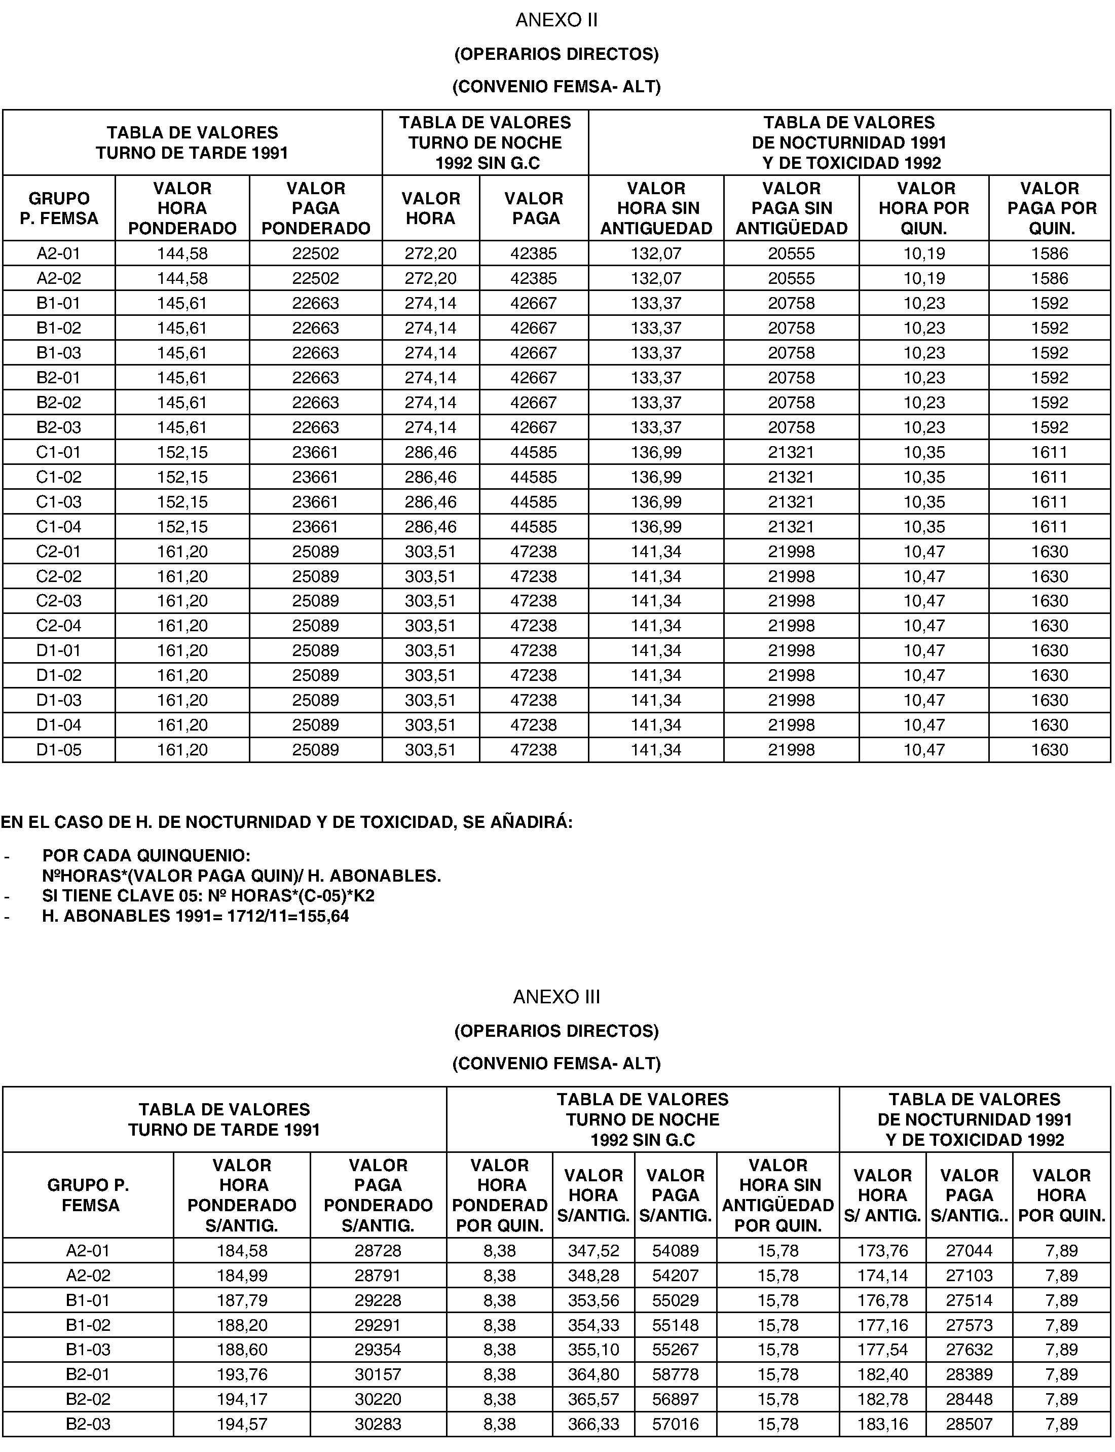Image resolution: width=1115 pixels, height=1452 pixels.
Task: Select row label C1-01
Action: coord(58,452)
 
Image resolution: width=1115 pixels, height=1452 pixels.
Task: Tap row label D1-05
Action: coord(58,749)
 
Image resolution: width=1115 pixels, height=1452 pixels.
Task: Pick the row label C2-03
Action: coord(58,601)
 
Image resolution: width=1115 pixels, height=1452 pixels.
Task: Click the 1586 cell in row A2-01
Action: coord(1049,253)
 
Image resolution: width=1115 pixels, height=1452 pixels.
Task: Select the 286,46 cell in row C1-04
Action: coord(430,526)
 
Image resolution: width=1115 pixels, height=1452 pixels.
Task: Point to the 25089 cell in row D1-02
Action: coord(315,675)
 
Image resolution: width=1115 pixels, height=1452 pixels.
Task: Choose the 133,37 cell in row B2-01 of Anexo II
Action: coord(656,378)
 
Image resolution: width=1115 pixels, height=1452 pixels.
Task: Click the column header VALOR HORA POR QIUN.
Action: coord(923,208)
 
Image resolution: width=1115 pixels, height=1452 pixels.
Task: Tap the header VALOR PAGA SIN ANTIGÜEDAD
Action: coord(791,208)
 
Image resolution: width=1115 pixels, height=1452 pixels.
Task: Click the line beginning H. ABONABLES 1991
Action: coord(195,916)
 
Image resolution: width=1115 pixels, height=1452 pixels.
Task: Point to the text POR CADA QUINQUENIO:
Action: coord(146,855)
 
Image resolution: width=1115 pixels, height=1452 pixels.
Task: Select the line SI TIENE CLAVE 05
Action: coord(208,896)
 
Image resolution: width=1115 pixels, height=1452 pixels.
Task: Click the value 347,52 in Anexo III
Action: coord(593,1251)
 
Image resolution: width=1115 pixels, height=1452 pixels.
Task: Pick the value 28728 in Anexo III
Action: coord(378,1251)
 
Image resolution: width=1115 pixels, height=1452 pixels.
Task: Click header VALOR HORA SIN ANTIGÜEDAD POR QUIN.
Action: coord(778,1195)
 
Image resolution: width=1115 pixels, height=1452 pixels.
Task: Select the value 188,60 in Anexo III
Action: coord(242,1350)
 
